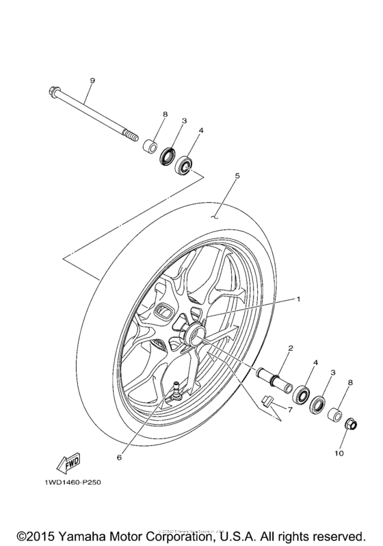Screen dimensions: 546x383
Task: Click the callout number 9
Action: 92,81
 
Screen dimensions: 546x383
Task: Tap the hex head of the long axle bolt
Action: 54,90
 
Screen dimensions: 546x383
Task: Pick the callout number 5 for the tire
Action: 237,176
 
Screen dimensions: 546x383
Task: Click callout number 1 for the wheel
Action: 298,299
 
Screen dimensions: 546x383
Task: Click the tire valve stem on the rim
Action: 176,390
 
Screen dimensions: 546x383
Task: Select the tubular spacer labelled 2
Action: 272,379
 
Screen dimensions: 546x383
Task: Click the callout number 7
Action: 289,410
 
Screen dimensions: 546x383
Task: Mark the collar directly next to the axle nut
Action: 334,414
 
